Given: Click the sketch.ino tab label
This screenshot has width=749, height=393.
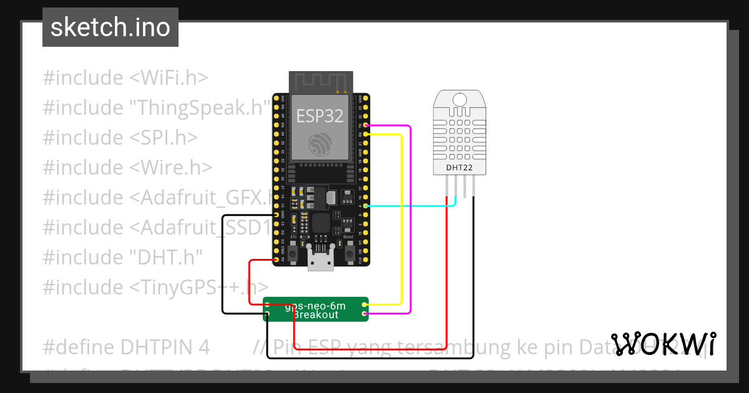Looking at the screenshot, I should point(110,27).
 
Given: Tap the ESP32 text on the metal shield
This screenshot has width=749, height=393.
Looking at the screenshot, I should point(320,116).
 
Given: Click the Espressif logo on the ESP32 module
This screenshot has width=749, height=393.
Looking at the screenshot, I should point(320,145).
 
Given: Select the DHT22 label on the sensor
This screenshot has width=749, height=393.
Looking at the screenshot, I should point(459,167).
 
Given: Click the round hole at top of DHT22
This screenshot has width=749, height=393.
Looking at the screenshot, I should point(459,99).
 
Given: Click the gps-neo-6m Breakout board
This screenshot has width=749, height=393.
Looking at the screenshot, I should point(316,309).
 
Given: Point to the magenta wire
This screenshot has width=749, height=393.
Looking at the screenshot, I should point(409,218).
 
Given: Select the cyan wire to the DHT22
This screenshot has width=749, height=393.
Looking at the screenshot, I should point(412,205).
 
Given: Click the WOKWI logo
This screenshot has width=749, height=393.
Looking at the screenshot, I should point(663,344).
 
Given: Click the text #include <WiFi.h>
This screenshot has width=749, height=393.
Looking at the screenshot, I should point(125,78).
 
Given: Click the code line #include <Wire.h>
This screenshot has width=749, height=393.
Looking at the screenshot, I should point(127,167).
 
